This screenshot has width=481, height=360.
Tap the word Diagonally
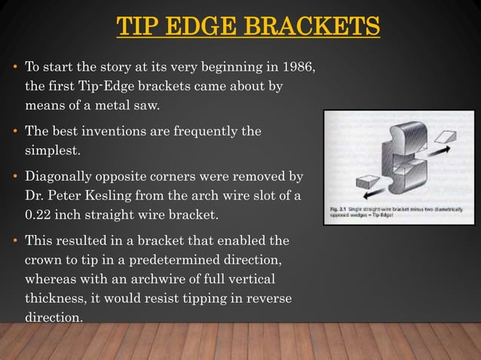60,177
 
